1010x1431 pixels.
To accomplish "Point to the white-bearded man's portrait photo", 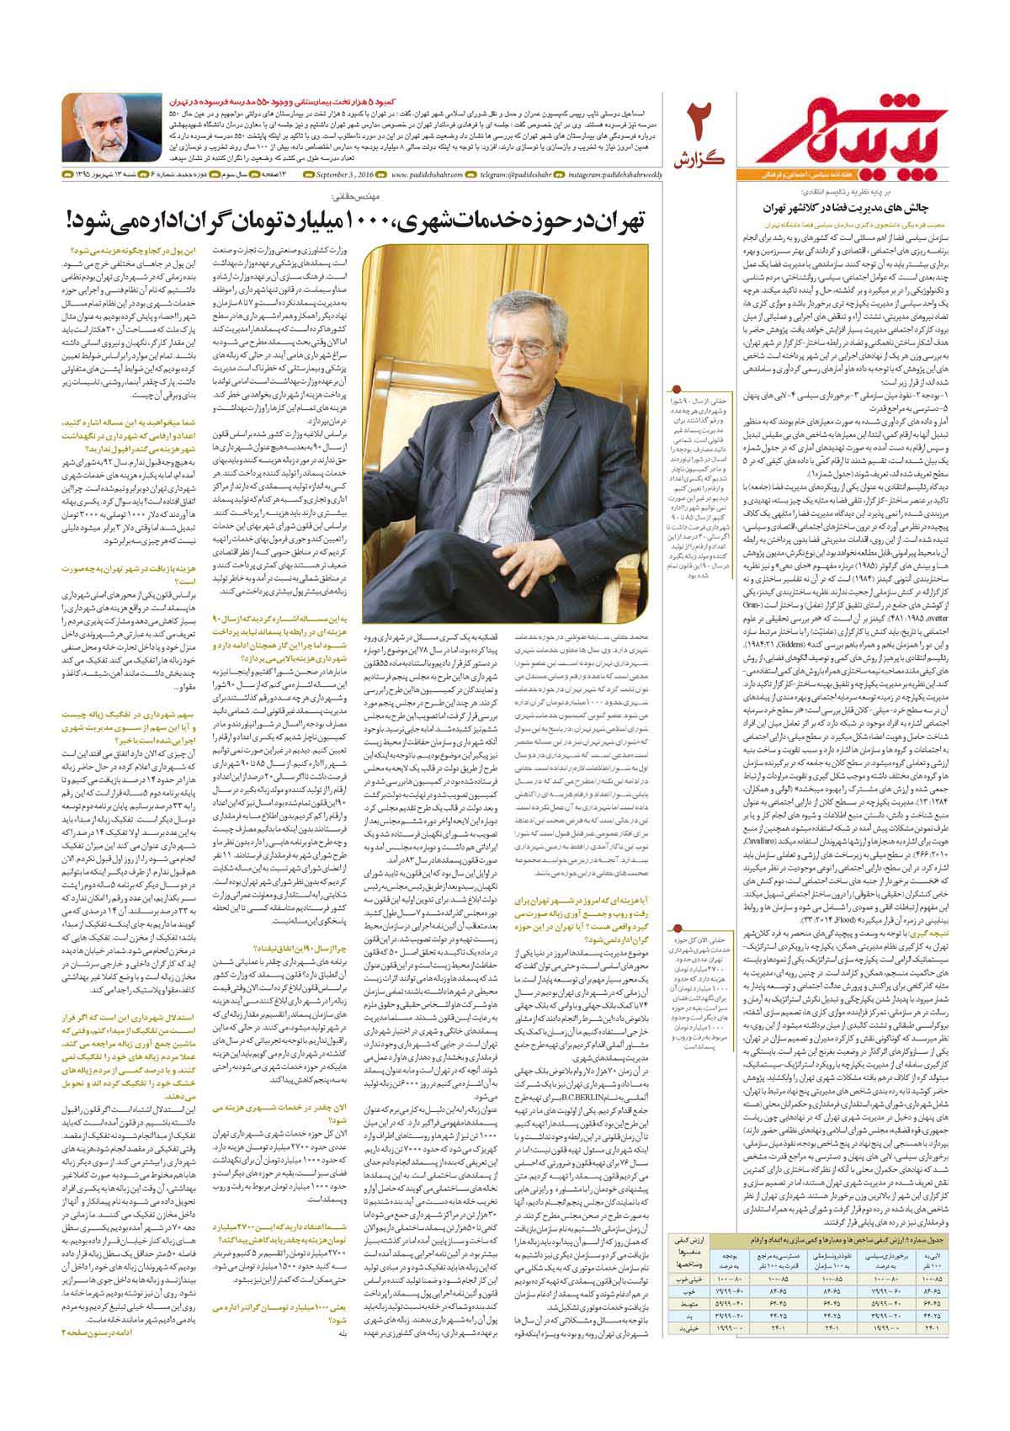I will (111, 127).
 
